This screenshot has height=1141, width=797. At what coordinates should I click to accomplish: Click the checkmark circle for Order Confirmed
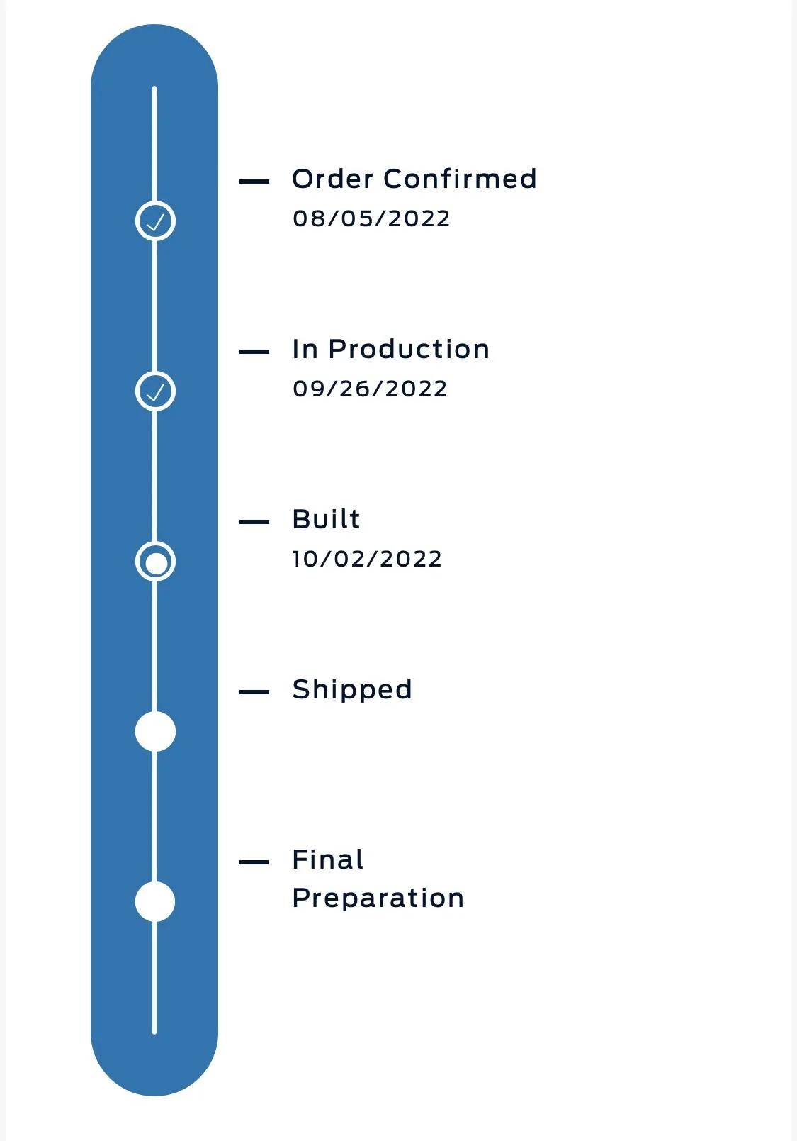point(155,221)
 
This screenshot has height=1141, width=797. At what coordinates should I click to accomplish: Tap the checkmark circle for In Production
point(155,391)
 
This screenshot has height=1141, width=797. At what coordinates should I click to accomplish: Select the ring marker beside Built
point(155,562)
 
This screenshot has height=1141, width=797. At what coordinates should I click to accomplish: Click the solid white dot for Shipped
point(155,731)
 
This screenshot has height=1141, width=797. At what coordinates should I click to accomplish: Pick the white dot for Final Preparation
point(155,901)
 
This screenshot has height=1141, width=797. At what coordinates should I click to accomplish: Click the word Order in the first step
point(333,179)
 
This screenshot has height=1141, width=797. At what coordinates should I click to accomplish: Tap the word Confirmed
point(460,179)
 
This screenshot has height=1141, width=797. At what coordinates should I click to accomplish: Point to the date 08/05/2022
point(371,218)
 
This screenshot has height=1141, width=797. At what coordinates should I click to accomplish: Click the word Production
point(409,349)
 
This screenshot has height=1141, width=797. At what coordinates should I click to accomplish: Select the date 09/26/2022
point(370,389)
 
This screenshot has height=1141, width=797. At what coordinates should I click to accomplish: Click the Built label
point(326,519)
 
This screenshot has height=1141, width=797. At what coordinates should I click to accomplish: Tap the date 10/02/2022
point(367,559)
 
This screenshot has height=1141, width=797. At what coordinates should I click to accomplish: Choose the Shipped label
point(352,690)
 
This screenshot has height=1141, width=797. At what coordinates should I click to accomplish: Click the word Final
point(328,859)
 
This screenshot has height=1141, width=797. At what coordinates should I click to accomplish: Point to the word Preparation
point(378,898)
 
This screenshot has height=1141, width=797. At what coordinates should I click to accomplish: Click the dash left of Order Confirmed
point(254,182)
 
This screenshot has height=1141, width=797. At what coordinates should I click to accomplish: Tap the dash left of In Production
point(254,352)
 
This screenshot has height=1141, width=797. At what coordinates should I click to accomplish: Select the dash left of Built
point(254,522)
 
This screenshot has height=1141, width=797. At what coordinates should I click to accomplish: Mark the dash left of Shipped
point(254,691)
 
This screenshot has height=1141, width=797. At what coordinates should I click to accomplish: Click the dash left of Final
point(254,862)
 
